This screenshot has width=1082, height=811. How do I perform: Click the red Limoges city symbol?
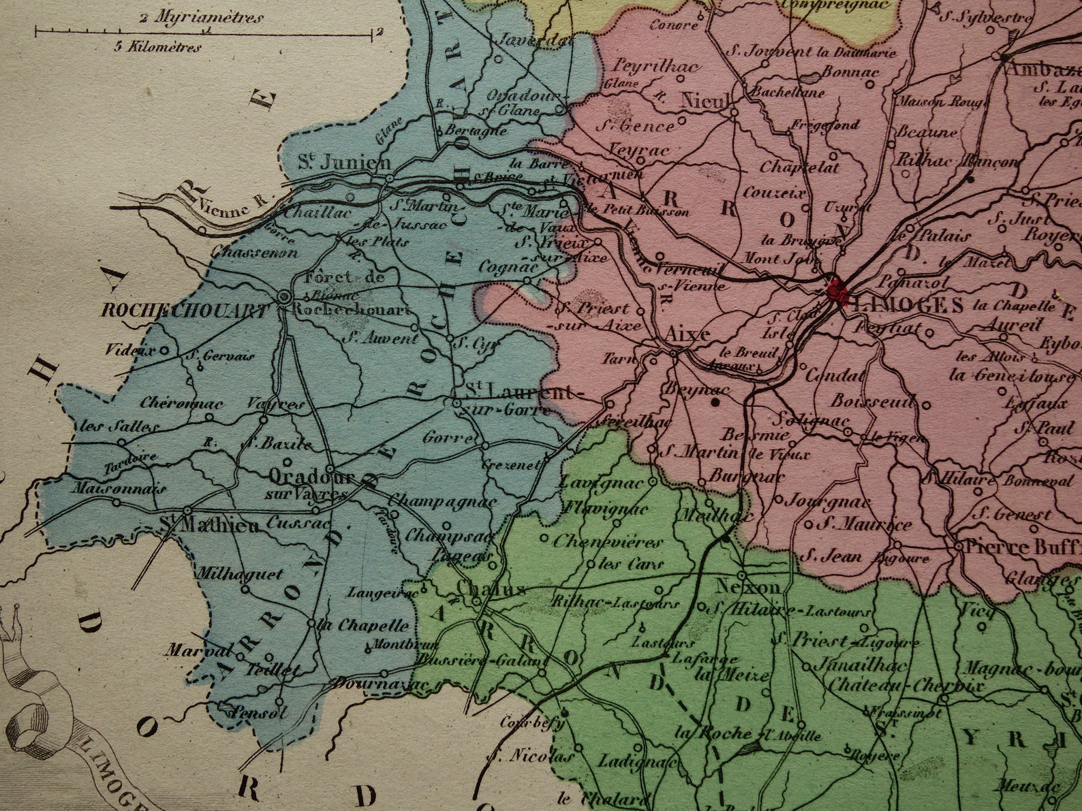pyautogui.click(x=836, y=291)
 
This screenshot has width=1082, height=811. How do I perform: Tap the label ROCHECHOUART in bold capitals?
pyautogui.click(x=184, y=311)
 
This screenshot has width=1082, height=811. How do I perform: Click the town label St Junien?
pyautogui.click(x=344, y=162)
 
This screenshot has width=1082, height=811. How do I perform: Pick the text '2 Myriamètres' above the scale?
pyautogui.click(x=200, y=18)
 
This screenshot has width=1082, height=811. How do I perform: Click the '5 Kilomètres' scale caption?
pyautogui.click(x=157, y=47)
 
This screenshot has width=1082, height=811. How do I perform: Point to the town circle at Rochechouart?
pyautogui.click(x=284, y=298)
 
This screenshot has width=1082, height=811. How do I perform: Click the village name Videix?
pyautogui.click(x=129, y=351)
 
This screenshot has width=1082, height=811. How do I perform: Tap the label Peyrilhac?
pyautogui.click(x=647, y=66)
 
